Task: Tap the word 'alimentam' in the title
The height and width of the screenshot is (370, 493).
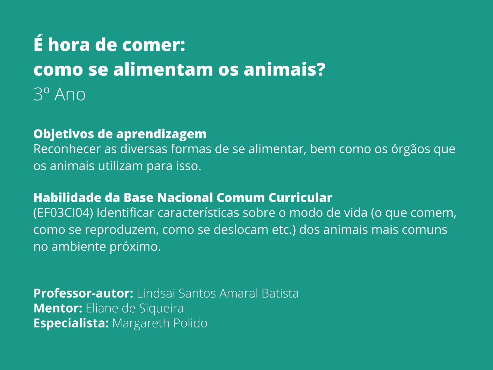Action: (163, 70)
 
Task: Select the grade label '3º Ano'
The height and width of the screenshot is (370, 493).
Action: (59, 94)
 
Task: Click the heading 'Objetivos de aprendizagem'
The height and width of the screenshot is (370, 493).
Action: (120, 134)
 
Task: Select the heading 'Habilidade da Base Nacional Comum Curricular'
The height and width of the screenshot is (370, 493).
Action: (183, 198)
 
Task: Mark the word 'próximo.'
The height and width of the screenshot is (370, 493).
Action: (135, 247)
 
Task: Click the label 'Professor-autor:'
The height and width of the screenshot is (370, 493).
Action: (83, 293)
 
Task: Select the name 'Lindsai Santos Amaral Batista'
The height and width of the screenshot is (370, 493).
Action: (218, 293)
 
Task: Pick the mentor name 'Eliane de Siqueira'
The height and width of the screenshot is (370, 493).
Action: (134, 308)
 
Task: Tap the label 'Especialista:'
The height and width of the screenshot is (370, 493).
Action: (71, 323)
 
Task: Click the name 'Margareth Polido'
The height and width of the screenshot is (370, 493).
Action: (160, 323)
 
